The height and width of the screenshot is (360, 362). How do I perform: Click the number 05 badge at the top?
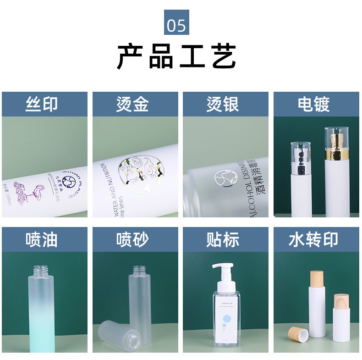176,23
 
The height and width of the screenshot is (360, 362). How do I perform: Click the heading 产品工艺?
176,56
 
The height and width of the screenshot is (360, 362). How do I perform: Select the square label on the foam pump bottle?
225,317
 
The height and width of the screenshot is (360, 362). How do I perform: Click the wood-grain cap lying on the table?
298,333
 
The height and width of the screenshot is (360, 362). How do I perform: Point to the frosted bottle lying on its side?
117,332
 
